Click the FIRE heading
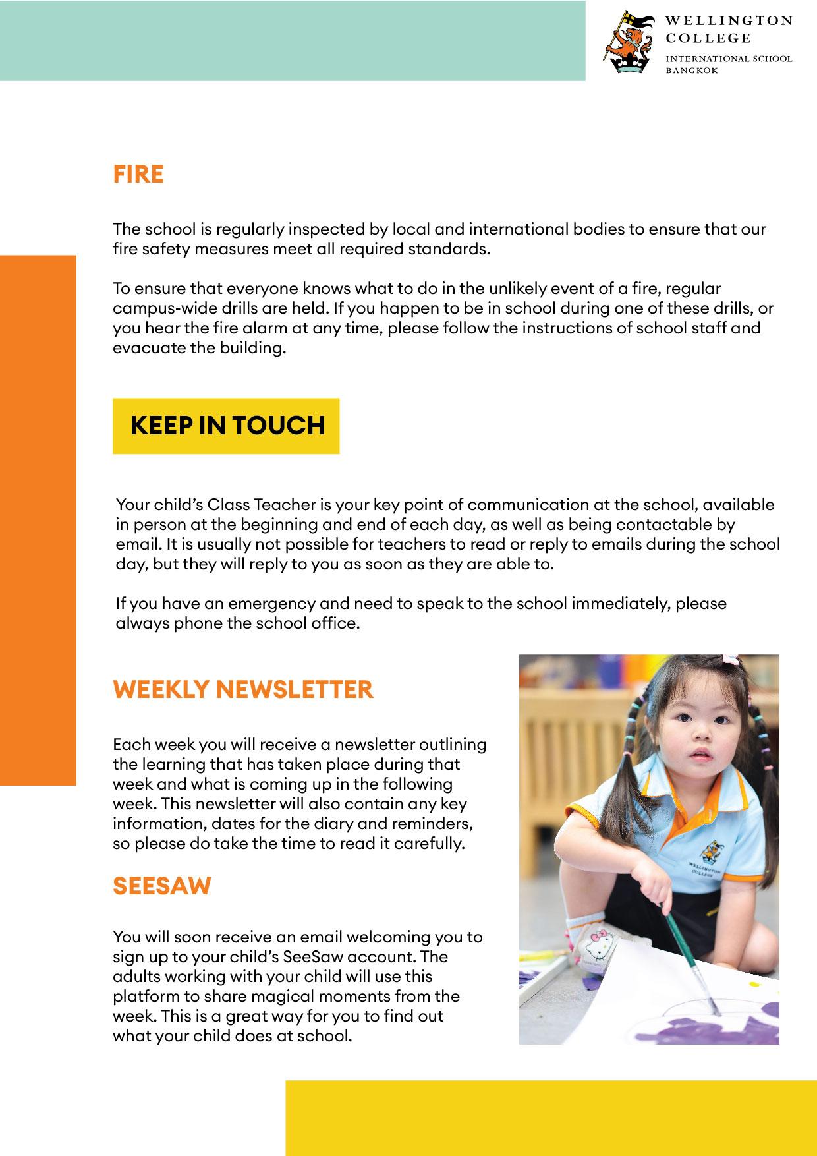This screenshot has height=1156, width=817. (x=138, y=175)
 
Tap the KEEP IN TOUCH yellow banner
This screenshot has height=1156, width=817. (x=227, y=426)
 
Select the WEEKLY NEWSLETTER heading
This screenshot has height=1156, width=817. (x=243, y=690)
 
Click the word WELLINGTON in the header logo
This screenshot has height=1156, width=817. (x=729, y=21)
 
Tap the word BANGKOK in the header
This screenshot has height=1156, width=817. (x=691, y=70)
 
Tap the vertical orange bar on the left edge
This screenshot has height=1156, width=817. (x=38, y=520)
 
